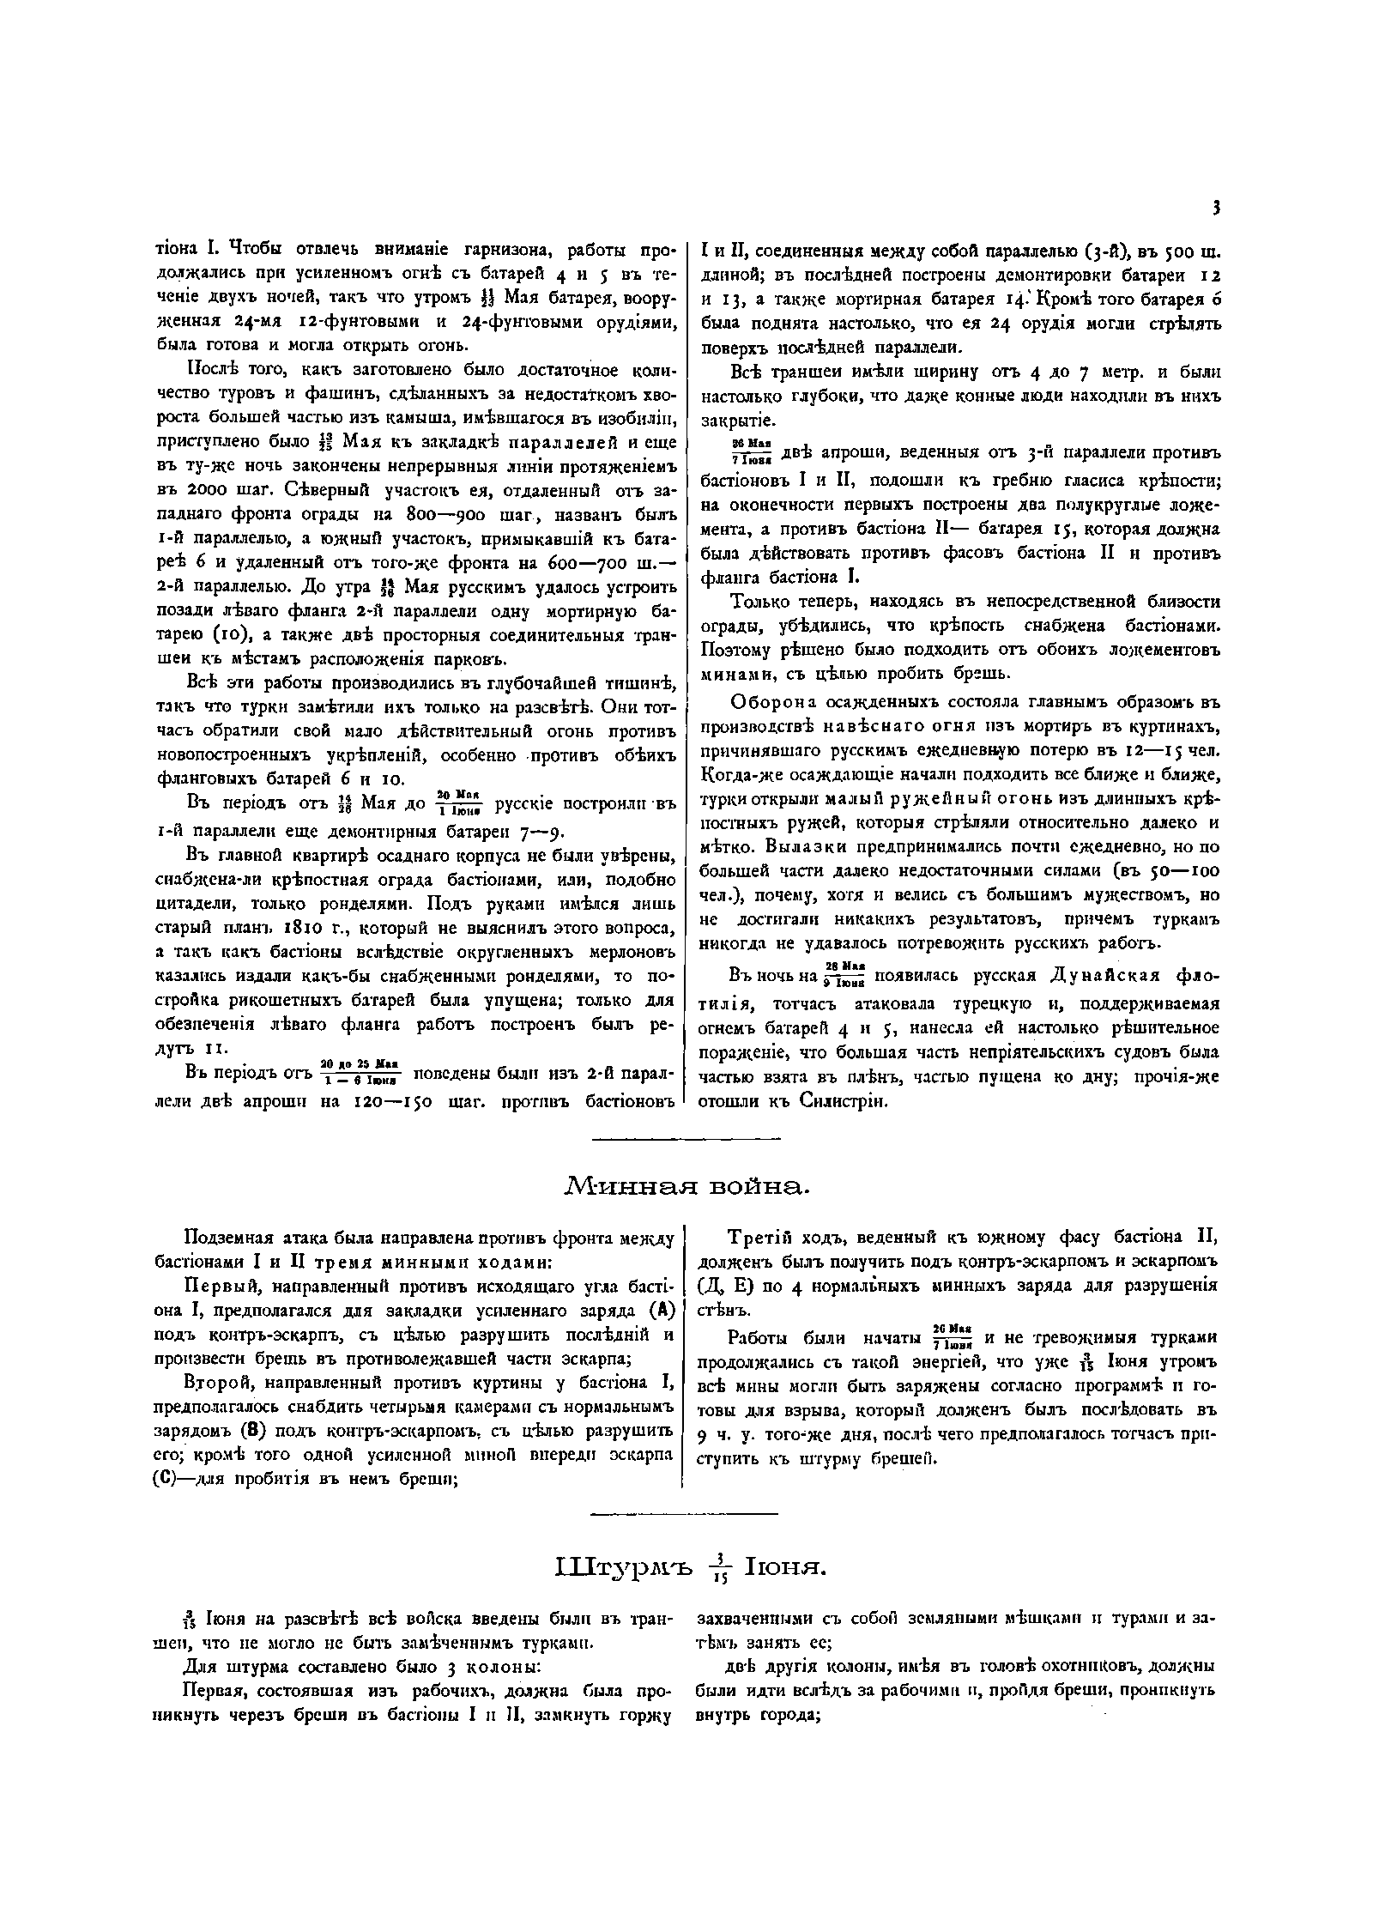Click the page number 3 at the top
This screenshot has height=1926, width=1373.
[x=1217, y=207]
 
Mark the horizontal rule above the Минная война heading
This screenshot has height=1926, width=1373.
[x=686, y=1140]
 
